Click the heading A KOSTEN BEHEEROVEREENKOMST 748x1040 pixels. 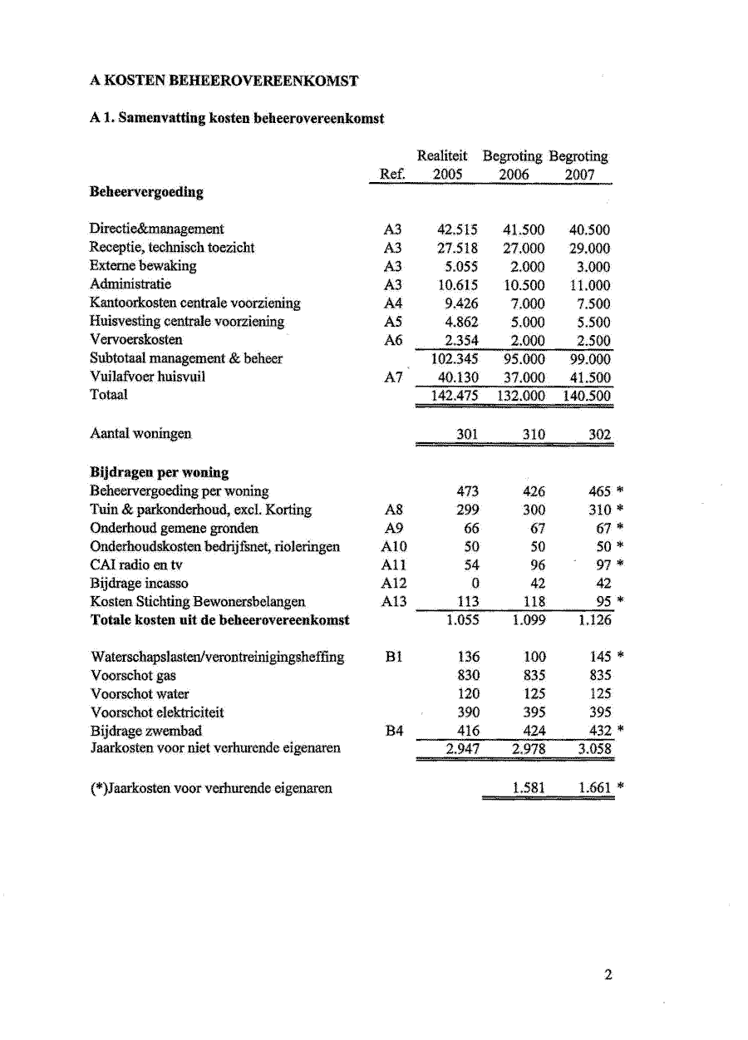click(224, 81)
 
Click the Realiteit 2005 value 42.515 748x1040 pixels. click(457, 229)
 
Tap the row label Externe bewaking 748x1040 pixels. click(142, 266)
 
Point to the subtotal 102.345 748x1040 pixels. click(454, 358)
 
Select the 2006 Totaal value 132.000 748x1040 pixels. click(520, 396)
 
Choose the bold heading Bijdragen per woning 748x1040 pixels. click(159, 472)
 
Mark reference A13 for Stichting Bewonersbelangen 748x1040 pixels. click(395, 601)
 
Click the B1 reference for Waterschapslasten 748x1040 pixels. click(394, 657)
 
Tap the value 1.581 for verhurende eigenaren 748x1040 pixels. click(528, 787)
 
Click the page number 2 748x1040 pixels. click(608, 975)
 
